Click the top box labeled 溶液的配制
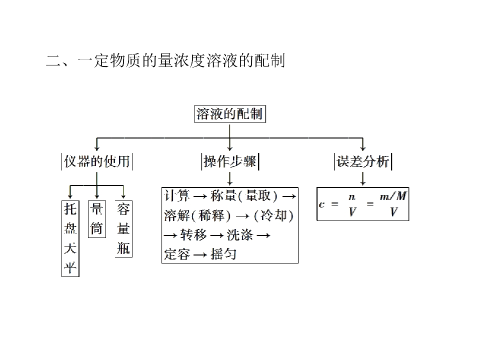(230, 114)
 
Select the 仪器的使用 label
(96, 161)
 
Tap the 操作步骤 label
(230, 161)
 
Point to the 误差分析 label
(363, 161)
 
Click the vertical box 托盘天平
(70, 239)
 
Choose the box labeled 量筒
(96, 219)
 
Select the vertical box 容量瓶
(123, 229)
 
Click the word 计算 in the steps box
(176, 196)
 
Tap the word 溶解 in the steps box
(177, 215)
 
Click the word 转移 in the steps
(193, 235)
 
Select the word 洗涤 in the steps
(240, 235)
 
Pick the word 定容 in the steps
(177, 254)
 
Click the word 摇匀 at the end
(223, 254)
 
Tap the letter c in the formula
(321, 204)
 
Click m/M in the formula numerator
(393, 196)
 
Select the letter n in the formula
(352, 197)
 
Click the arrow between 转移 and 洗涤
(216, 235)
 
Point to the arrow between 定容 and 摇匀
(200, 254)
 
